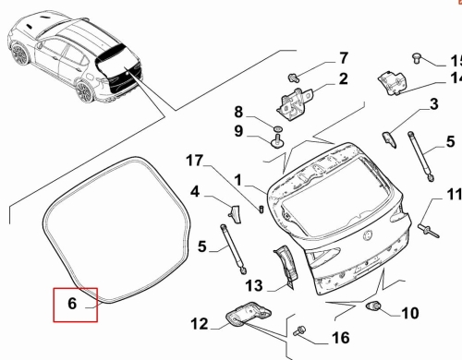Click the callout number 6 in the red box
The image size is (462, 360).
pos(72,304)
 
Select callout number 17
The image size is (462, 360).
pos(195,161)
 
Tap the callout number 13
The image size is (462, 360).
pos(254,285)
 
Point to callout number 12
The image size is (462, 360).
pos(200,324)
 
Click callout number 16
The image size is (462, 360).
pos(341,338)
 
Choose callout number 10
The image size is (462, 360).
pos(410,313)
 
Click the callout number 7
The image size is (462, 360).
pos(344,58)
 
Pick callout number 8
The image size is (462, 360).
pos(238,112)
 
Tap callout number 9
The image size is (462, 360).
pos(238,131)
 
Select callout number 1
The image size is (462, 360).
pos(238,180)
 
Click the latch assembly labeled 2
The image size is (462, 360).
pos(294,102)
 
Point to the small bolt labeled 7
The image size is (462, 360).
pos(293,78)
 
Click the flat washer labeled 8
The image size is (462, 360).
pos(277,127)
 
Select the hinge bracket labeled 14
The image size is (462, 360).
pos(393,82)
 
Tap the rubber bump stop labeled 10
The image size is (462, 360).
pos(373,306)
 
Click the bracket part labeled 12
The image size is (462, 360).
pos(249,313)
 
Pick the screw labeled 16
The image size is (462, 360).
pos(299,330)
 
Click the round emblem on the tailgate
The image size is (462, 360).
pos(368,235)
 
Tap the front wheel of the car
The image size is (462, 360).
pos(20,54)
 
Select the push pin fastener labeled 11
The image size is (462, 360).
pos(429,231)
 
